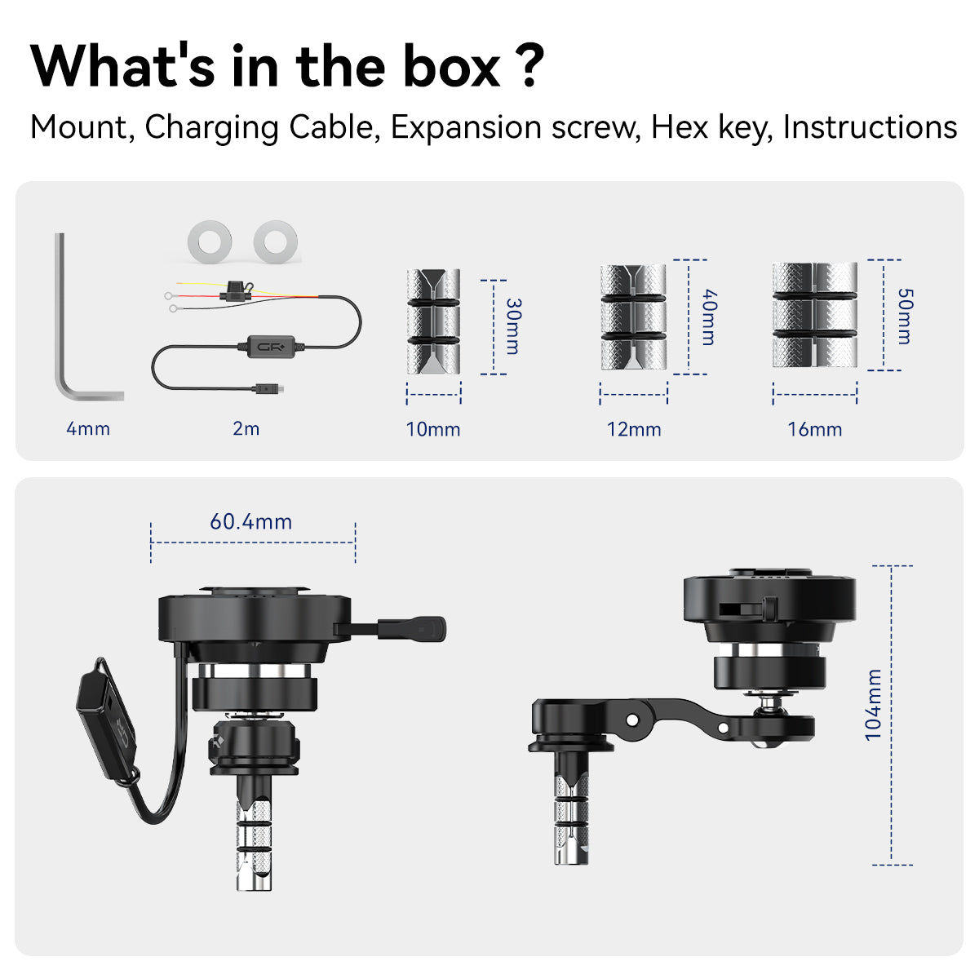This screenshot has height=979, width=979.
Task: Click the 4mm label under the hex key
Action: pyautogui.click(x=88, y=429)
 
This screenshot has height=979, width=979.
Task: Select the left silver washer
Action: pyautogui.click(x=210, y=241)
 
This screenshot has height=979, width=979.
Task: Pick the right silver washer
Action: pyautogui.click(x=276, y=241)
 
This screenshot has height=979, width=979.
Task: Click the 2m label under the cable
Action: pyautogui.click(x=246, y=429)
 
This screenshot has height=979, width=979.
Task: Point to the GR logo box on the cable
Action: pyautogui.click(x=271, y=347)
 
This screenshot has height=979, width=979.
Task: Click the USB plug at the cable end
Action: pyautogui.click(x=268, y=390)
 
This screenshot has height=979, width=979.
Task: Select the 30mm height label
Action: pyautogui.click(x=514, y=326)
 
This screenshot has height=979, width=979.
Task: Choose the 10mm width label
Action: pyautogui.click(x=433, y=429)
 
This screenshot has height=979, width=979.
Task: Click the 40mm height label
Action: pyautogui.click(x=709, y=317)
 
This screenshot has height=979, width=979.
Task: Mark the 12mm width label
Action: pyautogui.click(x=634, y=429)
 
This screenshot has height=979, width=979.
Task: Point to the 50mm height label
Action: pyautogui.click(x=906, y=317)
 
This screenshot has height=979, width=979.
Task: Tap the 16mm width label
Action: pyautogui.click(x=815, y=429)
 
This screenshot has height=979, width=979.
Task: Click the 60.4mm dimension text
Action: pyautogui.click(x=251, y=522)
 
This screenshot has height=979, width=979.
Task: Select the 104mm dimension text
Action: pyautogui.click(x=873, y=705)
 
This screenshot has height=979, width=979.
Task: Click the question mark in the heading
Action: pyautogui.click(x=532, y=66)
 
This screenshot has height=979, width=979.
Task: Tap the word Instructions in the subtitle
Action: pyautogui.click(x=870, y=127)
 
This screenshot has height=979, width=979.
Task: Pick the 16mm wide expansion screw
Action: pyautogui.click(x=815, y=315)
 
